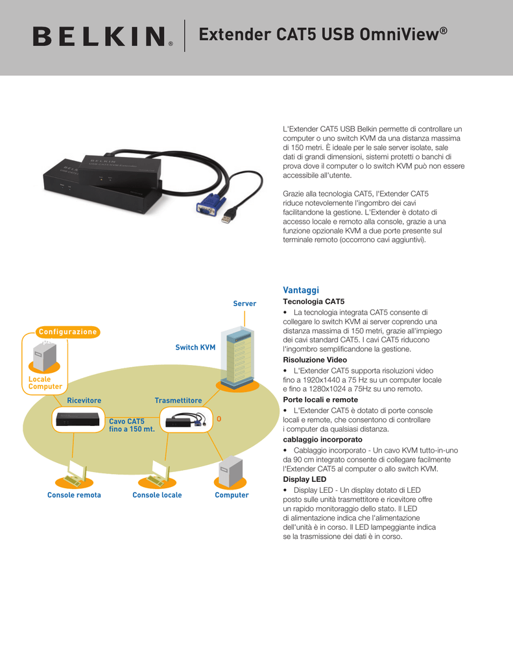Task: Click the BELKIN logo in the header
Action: point(102,36)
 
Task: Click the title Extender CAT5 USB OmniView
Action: point(323,34)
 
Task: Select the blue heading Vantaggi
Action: point(301,290)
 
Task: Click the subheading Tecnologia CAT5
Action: point(313,302)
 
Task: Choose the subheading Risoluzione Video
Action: point(315,360)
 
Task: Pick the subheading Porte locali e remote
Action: point(320,399)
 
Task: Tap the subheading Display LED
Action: point(305,479)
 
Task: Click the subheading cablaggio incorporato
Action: point(323,440)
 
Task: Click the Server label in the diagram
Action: point(245,303)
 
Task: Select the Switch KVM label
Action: point(195,348)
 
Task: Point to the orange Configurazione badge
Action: point(68,332)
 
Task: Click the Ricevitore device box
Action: point(78,420)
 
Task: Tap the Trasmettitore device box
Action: point(186,420)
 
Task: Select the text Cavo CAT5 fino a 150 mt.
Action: point(132,425)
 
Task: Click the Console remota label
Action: point(74,495)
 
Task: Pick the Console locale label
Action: point(157,495)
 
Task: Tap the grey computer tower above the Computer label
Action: point(231,471)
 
